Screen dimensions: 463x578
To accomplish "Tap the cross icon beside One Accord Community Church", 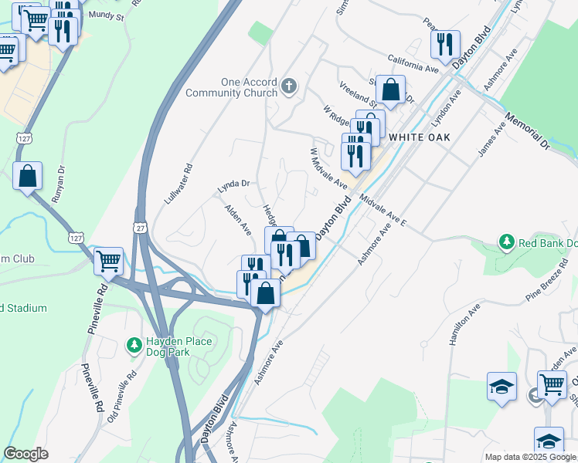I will coord(290,86).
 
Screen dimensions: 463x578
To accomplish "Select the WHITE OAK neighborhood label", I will coord(419,136).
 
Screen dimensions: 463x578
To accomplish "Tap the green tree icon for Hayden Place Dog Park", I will coord(134,343).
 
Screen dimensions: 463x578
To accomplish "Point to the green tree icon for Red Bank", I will coord(507,242).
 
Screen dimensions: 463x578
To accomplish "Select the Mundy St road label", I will coord(106,15).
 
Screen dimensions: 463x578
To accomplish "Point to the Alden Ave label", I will coord(238,219).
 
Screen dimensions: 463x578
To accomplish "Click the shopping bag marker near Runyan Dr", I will coord(28,176).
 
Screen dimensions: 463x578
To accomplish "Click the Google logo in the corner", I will coord(25,454).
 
